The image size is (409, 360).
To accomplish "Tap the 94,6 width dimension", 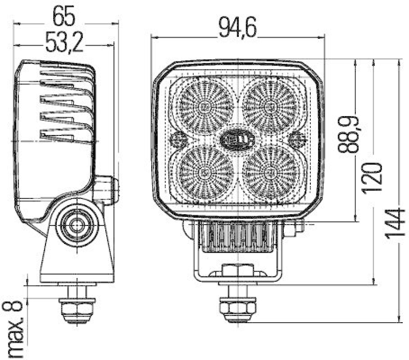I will (x=237, y=29).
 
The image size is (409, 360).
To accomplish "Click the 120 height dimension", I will (x=372, y=176).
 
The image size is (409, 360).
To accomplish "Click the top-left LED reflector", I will (x=206, y=106).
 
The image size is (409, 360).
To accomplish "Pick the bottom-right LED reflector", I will (x=269, y=171).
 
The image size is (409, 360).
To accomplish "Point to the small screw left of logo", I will (x=178, y=138).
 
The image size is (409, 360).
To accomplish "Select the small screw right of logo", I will (x=297, y=138).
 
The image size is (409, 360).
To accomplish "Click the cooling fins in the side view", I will (x=66, y=105).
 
